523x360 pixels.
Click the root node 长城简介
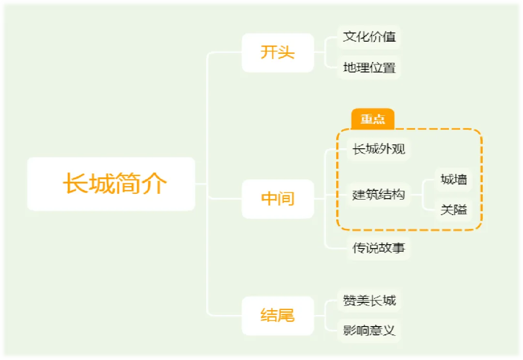[111, 184]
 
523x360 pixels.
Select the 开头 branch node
[277, 52]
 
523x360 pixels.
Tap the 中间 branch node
[277, 199]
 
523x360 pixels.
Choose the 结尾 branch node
[277, 315]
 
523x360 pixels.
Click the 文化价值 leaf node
[369, 37]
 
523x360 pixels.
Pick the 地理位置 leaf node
[369, 67]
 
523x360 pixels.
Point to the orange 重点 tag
[372, 119]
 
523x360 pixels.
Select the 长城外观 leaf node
[379, 149]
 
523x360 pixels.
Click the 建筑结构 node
[379, 195]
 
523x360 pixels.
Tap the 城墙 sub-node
[454, 180]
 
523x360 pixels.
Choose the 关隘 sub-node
[454, 210]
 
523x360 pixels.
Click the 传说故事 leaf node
[379, 249]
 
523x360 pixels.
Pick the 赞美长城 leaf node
[369, 301]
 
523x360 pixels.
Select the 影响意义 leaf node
[369, 331]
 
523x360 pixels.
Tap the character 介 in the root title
[155, 184]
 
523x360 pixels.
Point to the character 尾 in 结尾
[286, 315]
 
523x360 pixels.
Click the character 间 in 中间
[286, 199]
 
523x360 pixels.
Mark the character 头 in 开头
[286, 52]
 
